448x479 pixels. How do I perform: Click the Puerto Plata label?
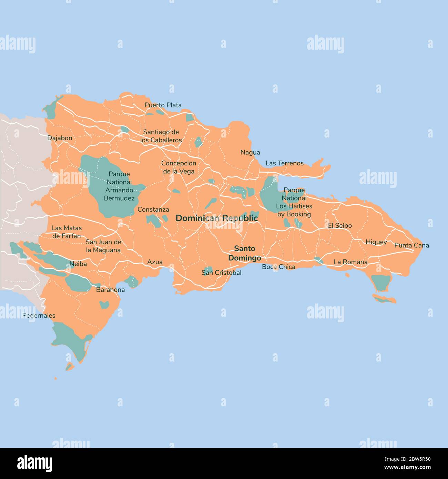[x=163, y=105]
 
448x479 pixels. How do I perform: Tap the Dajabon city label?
[x=60, y=138]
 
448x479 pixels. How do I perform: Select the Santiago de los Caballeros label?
[x=161, y=136]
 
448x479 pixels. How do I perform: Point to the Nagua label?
[x=250, y=152]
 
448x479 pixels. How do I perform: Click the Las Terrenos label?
[x=284, y=163]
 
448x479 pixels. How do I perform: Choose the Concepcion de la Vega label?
[x=179, y=167]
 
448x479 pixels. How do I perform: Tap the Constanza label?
[x=153, y=210]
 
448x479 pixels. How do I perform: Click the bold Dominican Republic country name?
[x=216, y=218]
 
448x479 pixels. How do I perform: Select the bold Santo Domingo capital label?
[x=244, y=253]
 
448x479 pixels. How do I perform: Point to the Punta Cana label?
[x=411, y=245]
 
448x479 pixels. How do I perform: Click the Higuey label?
[x=376, y=242]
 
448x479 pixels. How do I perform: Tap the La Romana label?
[x=350, y=262]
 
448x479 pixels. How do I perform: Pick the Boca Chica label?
[x=278, y=267]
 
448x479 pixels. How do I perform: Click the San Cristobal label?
[x=221, y=273]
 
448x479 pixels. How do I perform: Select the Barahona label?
[x=110, y=290]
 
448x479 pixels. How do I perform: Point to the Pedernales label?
[x=39, y=316]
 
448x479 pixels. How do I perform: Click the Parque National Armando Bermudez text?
[x=119, y=186]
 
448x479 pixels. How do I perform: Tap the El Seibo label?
[x=340, y=226]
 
